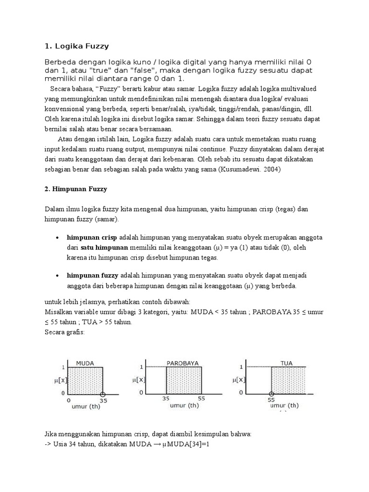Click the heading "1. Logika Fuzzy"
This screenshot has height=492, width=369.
(76, 47)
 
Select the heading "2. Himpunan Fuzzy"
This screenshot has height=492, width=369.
(75, 189)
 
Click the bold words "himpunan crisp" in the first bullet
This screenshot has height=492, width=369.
(92, 238)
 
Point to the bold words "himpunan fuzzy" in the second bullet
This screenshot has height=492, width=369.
(92, 276)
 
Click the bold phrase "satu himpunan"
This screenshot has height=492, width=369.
(104, 247)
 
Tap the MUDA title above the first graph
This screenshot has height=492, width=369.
(85, 363)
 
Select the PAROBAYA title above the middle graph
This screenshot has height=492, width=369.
(183, 363)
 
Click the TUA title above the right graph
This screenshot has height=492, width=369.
(287, 363)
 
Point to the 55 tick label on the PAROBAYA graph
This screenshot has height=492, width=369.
(201, 399)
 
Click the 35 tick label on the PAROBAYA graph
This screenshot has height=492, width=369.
(166, 399)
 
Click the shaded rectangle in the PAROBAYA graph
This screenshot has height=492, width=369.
(184, 380)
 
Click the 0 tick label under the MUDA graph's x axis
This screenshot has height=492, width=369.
(68, 399)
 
